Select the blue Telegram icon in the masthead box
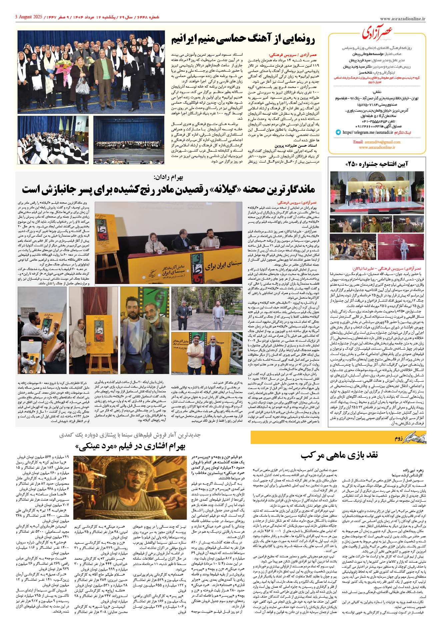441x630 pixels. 338,132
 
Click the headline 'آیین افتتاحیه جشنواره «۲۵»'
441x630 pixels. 377,164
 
